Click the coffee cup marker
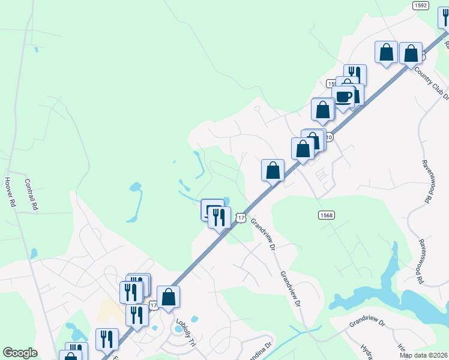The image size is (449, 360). point(343,97)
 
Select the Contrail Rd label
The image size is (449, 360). point(31,193)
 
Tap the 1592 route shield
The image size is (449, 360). point(420,5)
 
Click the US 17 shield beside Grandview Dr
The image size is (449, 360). point(241,218)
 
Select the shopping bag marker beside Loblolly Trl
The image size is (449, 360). point(169,296)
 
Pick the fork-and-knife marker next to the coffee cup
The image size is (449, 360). point(355,74)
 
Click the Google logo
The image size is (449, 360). point(20,353)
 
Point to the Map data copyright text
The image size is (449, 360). point(423,355)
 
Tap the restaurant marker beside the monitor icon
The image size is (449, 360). point(219,217)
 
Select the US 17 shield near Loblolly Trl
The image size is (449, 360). point(154,306)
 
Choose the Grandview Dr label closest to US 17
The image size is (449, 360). point(263,234)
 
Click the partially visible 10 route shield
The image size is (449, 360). point(329,137)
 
